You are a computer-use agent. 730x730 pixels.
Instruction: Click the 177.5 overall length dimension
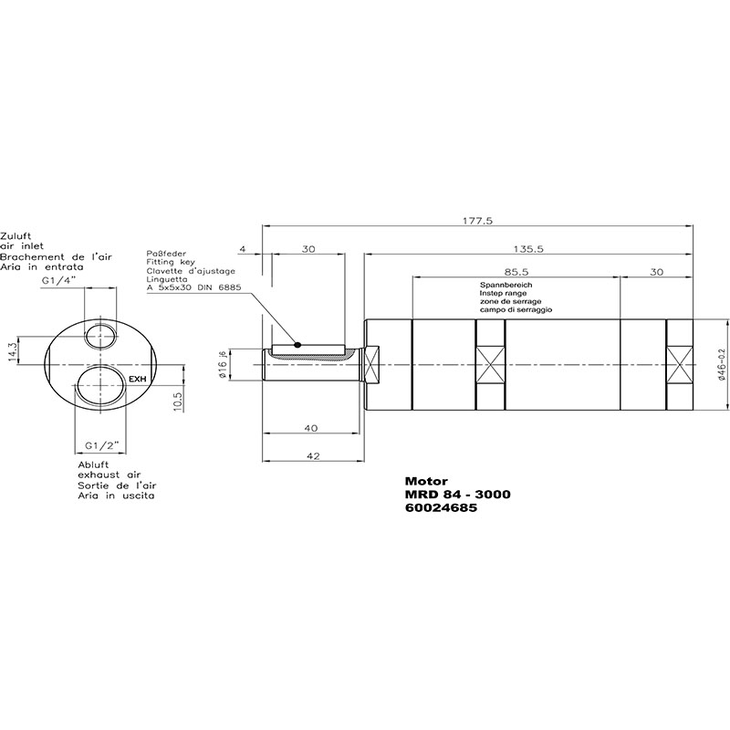tap(477, 221)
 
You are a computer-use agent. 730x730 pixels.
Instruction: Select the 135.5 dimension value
tap(528, 249)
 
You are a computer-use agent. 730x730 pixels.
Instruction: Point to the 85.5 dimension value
tap(516, 272)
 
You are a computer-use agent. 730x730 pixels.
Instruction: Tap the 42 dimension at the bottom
tap(314, 455)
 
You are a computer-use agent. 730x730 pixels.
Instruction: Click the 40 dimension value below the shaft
tap(310, 428)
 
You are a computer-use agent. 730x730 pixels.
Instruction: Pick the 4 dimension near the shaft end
tap(242, 249)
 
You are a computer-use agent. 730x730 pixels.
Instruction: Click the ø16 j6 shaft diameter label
tap(223, 363)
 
